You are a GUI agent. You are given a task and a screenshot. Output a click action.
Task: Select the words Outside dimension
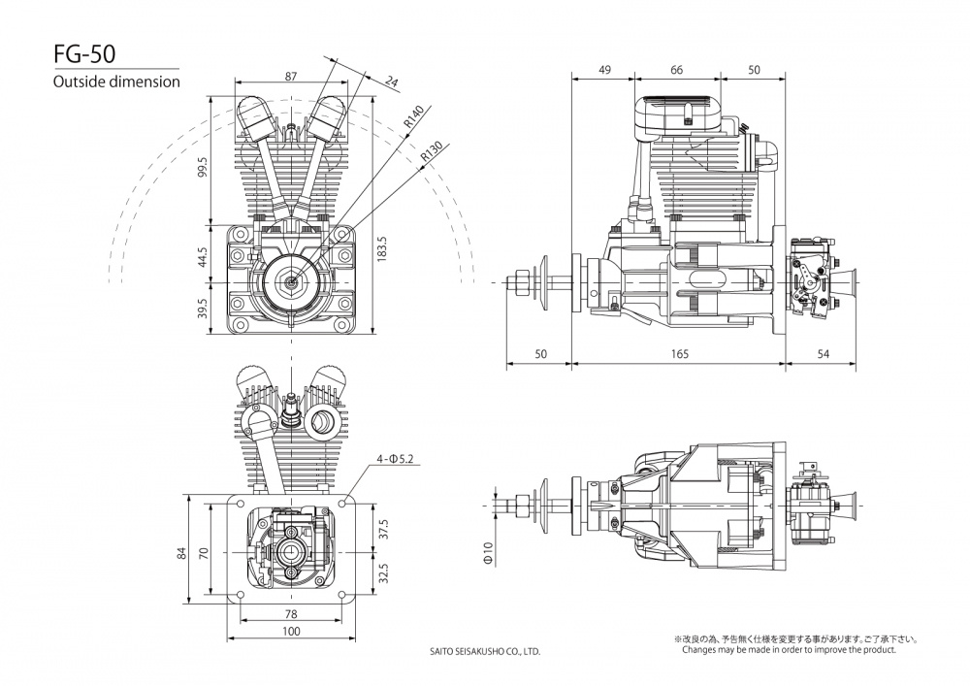(x=116, y=82)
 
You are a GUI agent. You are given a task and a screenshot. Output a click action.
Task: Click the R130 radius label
(x=431, y=153)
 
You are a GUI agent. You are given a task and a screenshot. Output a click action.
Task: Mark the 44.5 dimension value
(x=202, y=258)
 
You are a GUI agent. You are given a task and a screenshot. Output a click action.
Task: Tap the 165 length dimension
(x=678, y=355)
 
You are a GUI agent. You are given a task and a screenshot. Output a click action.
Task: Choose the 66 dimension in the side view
(x=676, y=70)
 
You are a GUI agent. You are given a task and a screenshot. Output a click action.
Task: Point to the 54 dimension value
(x=823, y=355)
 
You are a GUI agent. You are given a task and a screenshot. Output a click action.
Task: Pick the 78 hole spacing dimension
(x=291, y=614)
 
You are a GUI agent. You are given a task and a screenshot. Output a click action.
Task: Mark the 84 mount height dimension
(x=180, y=553)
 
